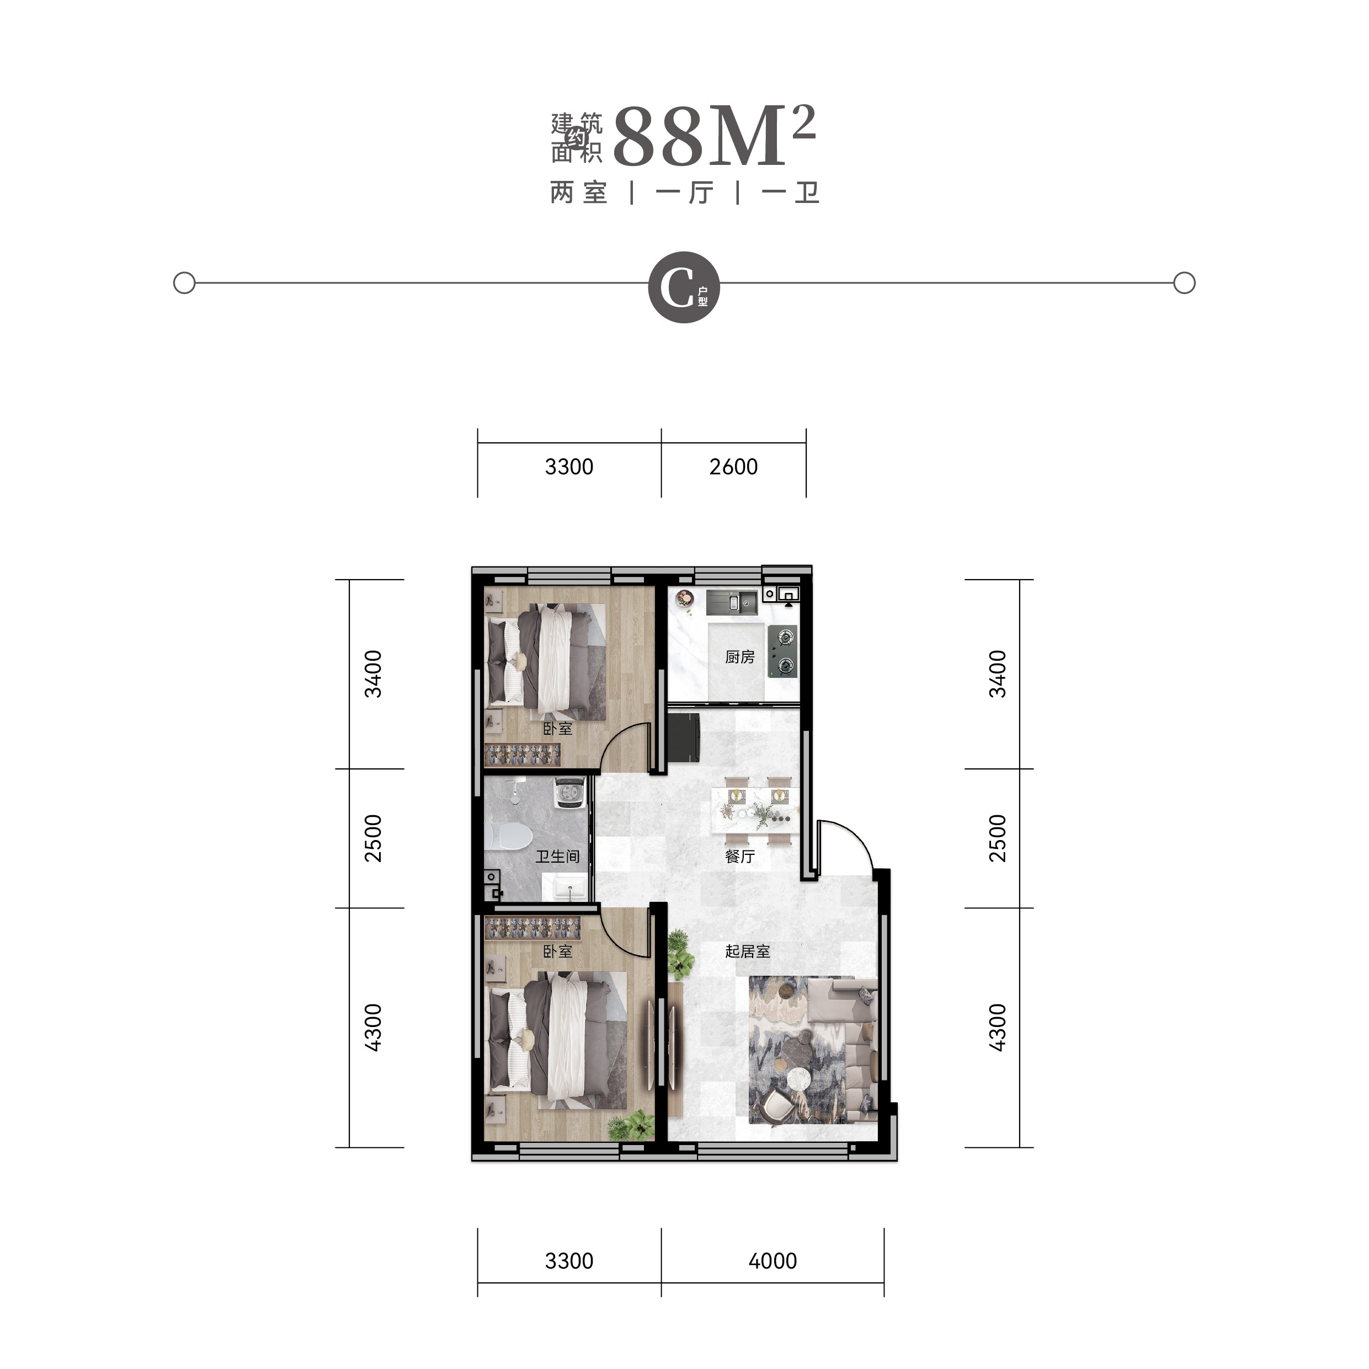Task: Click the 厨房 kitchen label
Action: (x=739, y=657)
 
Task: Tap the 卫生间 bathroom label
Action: (x=557, y=856)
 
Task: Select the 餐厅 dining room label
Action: (x=739, y=856)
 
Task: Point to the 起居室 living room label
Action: (x=747, y=951)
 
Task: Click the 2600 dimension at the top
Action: (x=733, y=466)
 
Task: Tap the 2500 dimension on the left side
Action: (x=373, y=838)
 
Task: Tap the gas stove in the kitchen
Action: (x=784, y=651)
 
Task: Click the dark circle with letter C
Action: (x=684, y=287)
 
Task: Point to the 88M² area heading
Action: (x=715, y=136)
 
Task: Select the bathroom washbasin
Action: (x=565, y=886)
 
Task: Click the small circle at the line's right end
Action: (x=1185, y=283)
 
